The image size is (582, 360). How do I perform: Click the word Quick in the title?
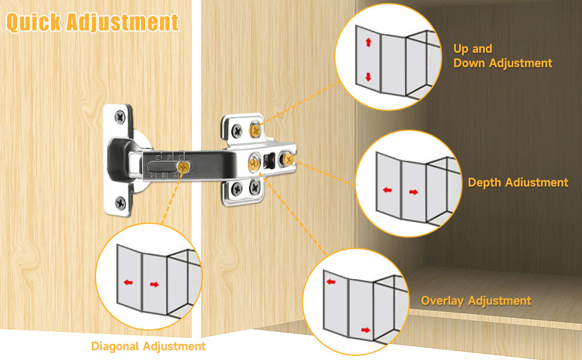coord(34,22)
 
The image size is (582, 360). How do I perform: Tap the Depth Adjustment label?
coord(518,182)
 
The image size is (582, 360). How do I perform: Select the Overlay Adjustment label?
coord(476,301)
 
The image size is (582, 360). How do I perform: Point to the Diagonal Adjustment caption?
coord(148,346)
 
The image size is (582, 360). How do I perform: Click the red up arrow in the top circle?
coord(368,42)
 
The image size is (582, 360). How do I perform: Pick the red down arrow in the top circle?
coord(368,77)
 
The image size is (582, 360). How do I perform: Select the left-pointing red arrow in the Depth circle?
coord(387,191)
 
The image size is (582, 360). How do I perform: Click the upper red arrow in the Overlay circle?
coord(330,280)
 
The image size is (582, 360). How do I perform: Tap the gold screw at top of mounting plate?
coord(256,127)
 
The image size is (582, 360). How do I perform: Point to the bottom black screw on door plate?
coord(121,202)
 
